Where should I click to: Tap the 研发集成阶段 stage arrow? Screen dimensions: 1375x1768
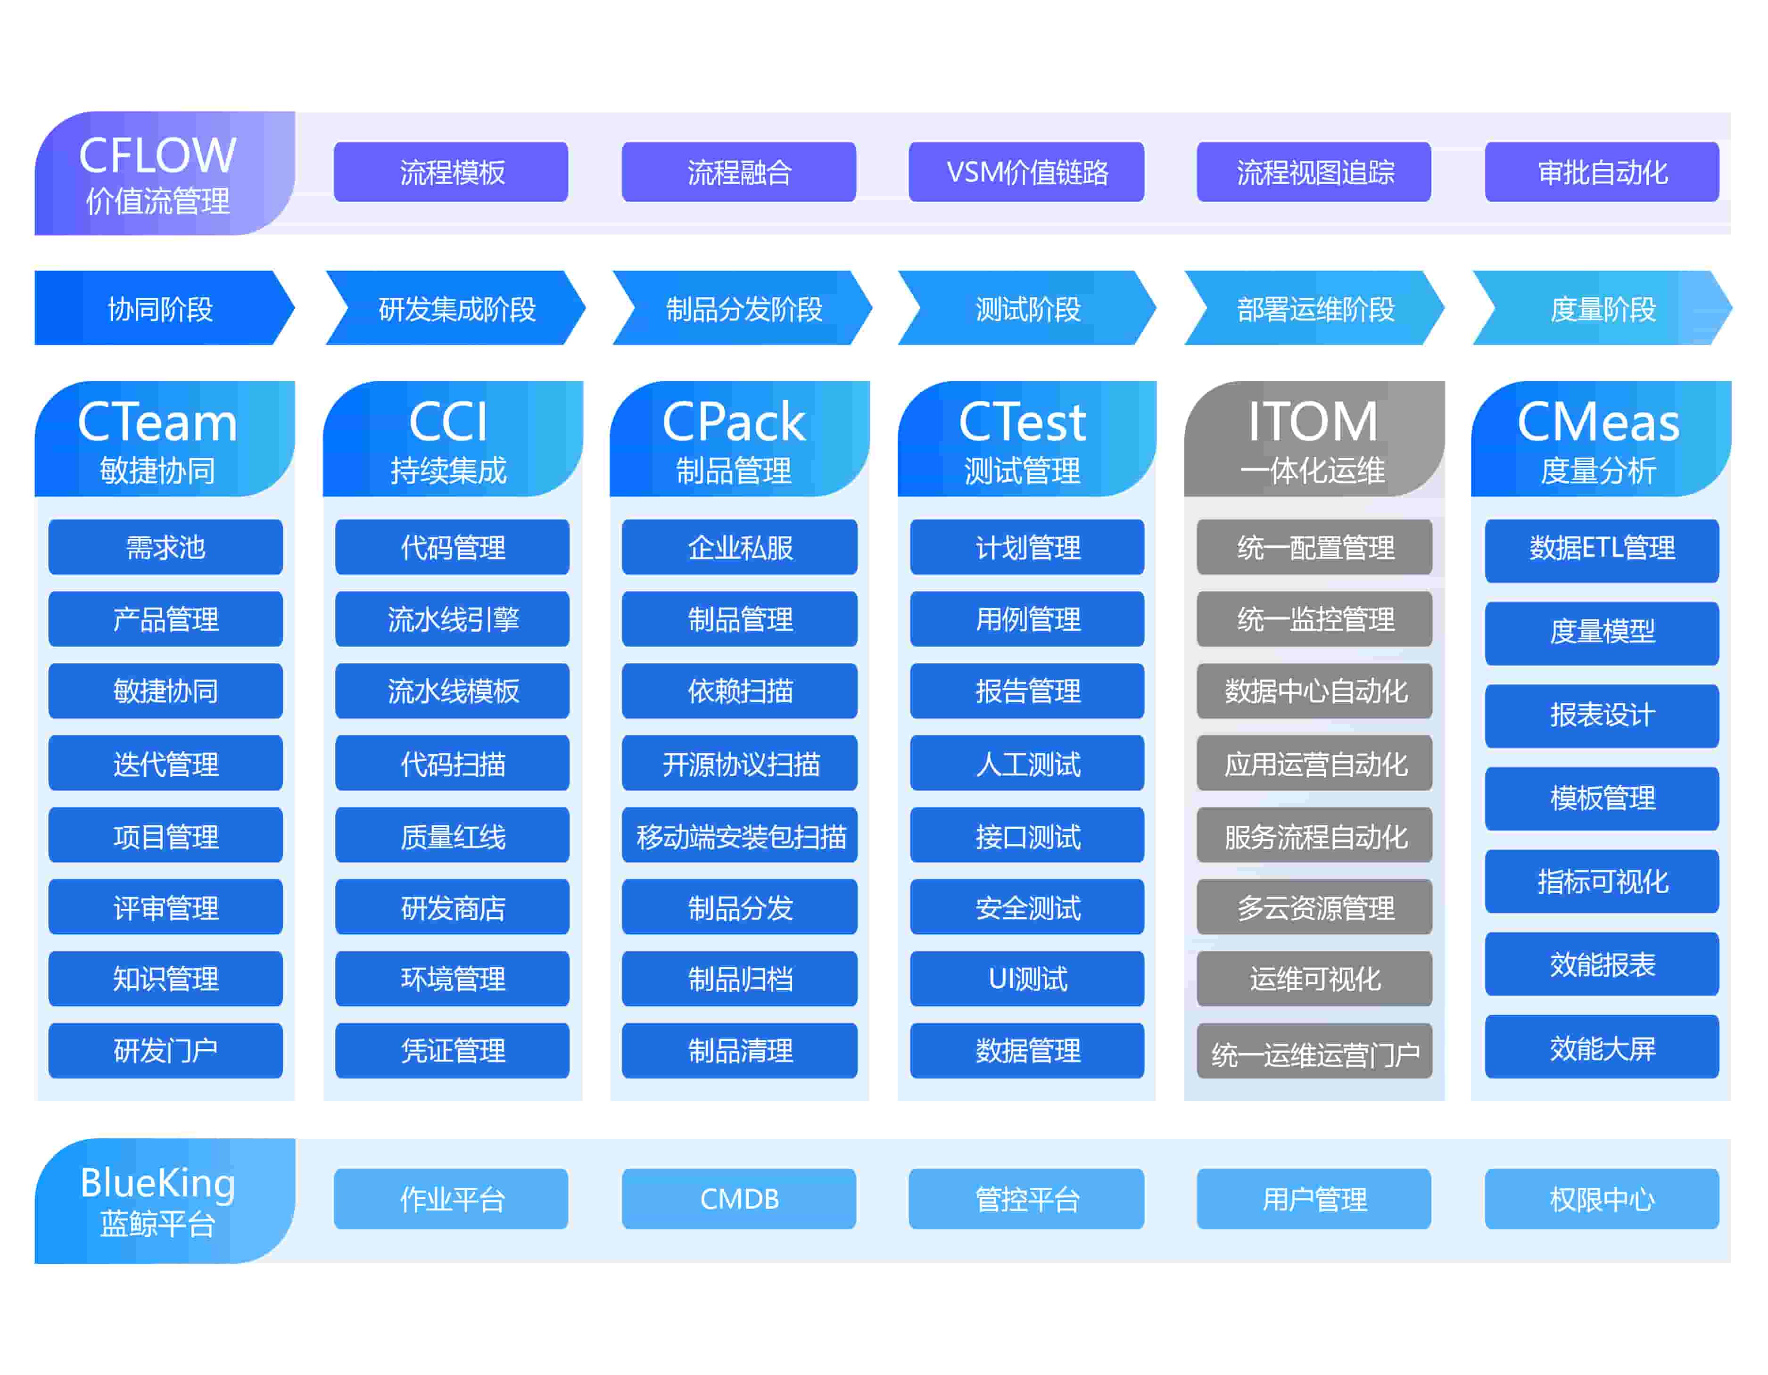tap(456, 308)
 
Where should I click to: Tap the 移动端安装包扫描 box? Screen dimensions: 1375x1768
tap(739, 835)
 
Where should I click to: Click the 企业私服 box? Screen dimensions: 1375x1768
tap(739, 547)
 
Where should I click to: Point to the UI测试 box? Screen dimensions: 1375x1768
tap(1026, 979)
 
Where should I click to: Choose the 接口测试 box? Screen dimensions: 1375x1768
tap(1026, 835)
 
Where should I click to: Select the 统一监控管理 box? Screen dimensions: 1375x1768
tap(1314, 619)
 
